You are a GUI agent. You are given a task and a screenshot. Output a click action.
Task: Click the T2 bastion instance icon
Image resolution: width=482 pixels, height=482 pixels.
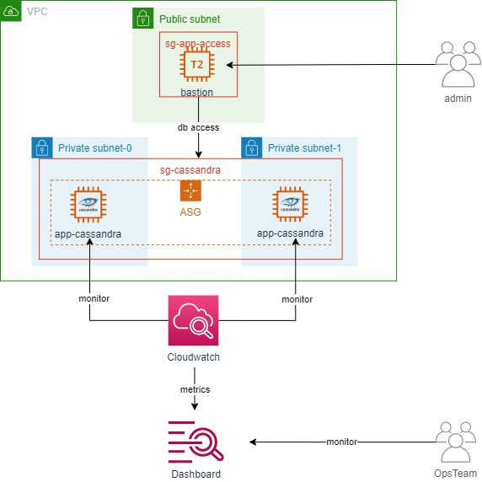click(x=196, y=65)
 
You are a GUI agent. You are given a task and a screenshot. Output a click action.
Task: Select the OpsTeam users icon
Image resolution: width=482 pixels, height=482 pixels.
click(x=456, y=442)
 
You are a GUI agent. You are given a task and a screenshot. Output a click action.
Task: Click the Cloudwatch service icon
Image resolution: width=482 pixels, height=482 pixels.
click(x=193, y=320)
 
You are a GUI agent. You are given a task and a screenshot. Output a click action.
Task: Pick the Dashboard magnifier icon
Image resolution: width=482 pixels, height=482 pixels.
click(x=195, y=442)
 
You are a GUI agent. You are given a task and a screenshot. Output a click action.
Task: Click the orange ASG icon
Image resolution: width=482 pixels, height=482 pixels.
click(x=190, y=190)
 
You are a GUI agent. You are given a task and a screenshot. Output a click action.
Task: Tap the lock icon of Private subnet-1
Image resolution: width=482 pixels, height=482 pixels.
click(x=251, y=147)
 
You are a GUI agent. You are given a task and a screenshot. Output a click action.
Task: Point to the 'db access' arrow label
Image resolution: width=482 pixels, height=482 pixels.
click(x=198, y=128)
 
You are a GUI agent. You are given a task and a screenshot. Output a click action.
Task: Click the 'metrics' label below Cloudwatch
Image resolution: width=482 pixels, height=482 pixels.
click(x=195, y=389)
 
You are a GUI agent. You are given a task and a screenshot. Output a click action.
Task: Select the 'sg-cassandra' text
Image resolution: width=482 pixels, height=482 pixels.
click(x=190, y=169)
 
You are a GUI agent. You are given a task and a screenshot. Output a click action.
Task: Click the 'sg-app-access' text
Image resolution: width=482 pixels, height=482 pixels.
click(x=196, y=41)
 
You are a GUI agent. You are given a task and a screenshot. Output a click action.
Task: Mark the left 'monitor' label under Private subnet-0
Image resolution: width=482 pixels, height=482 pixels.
click(x=94, y=298)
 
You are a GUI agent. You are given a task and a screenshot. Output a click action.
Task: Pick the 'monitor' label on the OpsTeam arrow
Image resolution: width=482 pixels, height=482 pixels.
click(x=342, y=442)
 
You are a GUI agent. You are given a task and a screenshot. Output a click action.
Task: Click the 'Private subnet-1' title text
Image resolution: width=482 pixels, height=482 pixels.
click(x=304, y=148)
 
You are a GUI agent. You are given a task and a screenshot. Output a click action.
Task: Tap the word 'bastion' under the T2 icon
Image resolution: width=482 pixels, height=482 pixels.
click(x=196, y=92)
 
